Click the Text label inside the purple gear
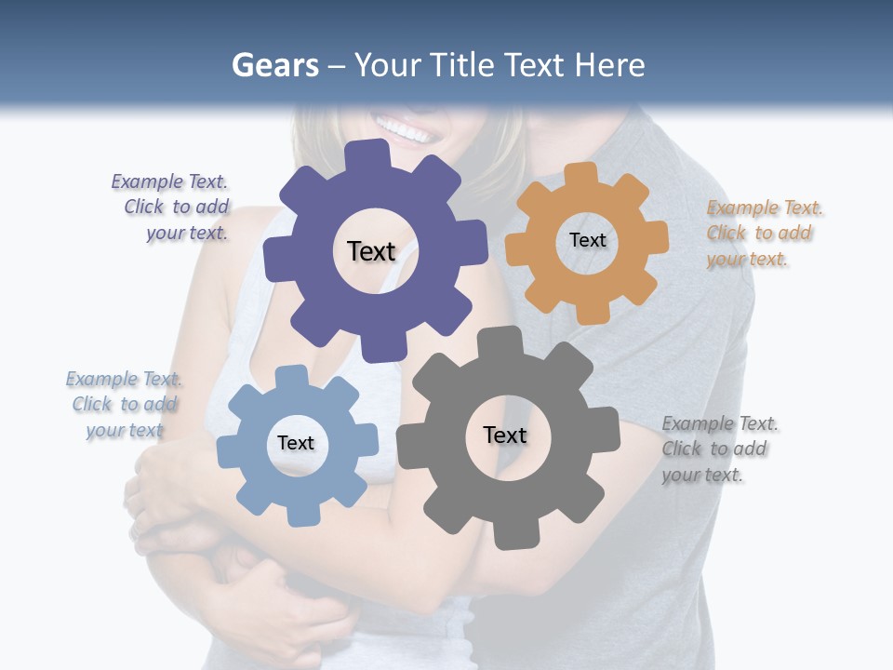371,251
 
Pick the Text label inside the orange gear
587,240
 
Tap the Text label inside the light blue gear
296,443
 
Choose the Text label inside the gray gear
505,435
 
